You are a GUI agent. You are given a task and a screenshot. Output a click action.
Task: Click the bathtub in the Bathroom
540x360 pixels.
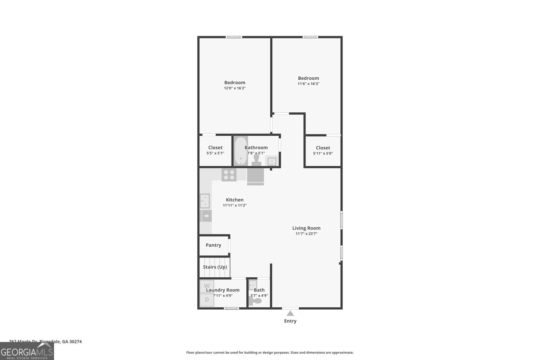click(241, 151)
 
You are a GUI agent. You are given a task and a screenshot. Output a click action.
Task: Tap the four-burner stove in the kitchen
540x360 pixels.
click(229, 174)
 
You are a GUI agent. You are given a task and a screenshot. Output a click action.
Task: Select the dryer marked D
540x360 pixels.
click(207, 300)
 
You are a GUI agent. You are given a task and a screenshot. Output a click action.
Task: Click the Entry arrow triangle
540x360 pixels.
click(290, 313)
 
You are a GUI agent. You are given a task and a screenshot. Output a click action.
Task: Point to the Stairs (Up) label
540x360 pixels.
click(215, 267)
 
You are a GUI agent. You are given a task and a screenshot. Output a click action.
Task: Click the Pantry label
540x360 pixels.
click(213, 245)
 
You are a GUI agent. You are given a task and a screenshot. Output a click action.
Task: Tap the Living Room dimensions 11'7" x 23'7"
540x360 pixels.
click(306, 233)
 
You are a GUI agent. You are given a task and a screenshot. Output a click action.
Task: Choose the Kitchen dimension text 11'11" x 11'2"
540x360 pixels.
click(235, 205)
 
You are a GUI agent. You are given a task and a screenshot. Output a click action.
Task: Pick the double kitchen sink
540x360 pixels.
click(205, 201)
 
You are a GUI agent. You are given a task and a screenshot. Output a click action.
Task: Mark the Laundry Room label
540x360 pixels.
click(222, 290)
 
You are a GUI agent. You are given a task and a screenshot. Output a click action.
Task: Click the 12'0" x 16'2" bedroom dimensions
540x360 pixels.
click(235, 88)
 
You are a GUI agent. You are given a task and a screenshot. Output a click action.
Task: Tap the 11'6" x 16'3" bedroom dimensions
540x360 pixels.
click(308, 84)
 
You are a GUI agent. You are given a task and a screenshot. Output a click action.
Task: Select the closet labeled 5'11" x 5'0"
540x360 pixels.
click(323, 150)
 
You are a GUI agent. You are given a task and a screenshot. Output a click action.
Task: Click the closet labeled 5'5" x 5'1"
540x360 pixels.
click(215, 150)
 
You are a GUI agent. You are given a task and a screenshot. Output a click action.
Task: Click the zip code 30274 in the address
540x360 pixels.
click(75, 341)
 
